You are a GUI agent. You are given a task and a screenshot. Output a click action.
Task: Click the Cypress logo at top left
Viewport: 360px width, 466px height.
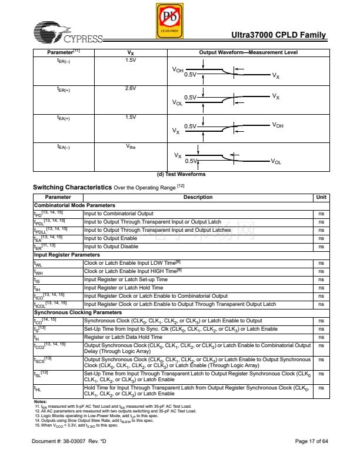[x=67, y=34]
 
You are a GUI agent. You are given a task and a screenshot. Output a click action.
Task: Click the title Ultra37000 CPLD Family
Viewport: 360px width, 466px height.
[x=283, y=35]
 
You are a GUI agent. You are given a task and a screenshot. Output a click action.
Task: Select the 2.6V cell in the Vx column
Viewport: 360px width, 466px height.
[x=130, y=88]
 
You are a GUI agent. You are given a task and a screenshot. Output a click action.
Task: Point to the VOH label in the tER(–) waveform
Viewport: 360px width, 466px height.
[x=177, y=70]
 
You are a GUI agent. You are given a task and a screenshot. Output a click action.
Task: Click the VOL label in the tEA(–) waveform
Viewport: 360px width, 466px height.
[x=276, y=161]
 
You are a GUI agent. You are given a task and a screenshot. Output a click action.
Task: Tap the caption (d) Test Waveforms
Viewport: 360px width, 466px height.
[x=180, y=174]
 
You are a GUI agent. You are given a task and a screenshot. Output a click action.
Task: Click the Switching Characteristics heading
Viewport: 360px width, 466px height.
[x=72, y=187]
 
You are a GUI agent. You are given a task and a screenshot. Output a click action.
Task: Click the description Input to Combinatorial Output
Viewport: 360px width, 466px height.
[x=118, y=214]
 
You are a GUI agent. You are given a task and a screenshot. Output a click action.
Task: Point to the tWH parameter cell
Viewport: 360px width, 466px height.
[x=39, y=272]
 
